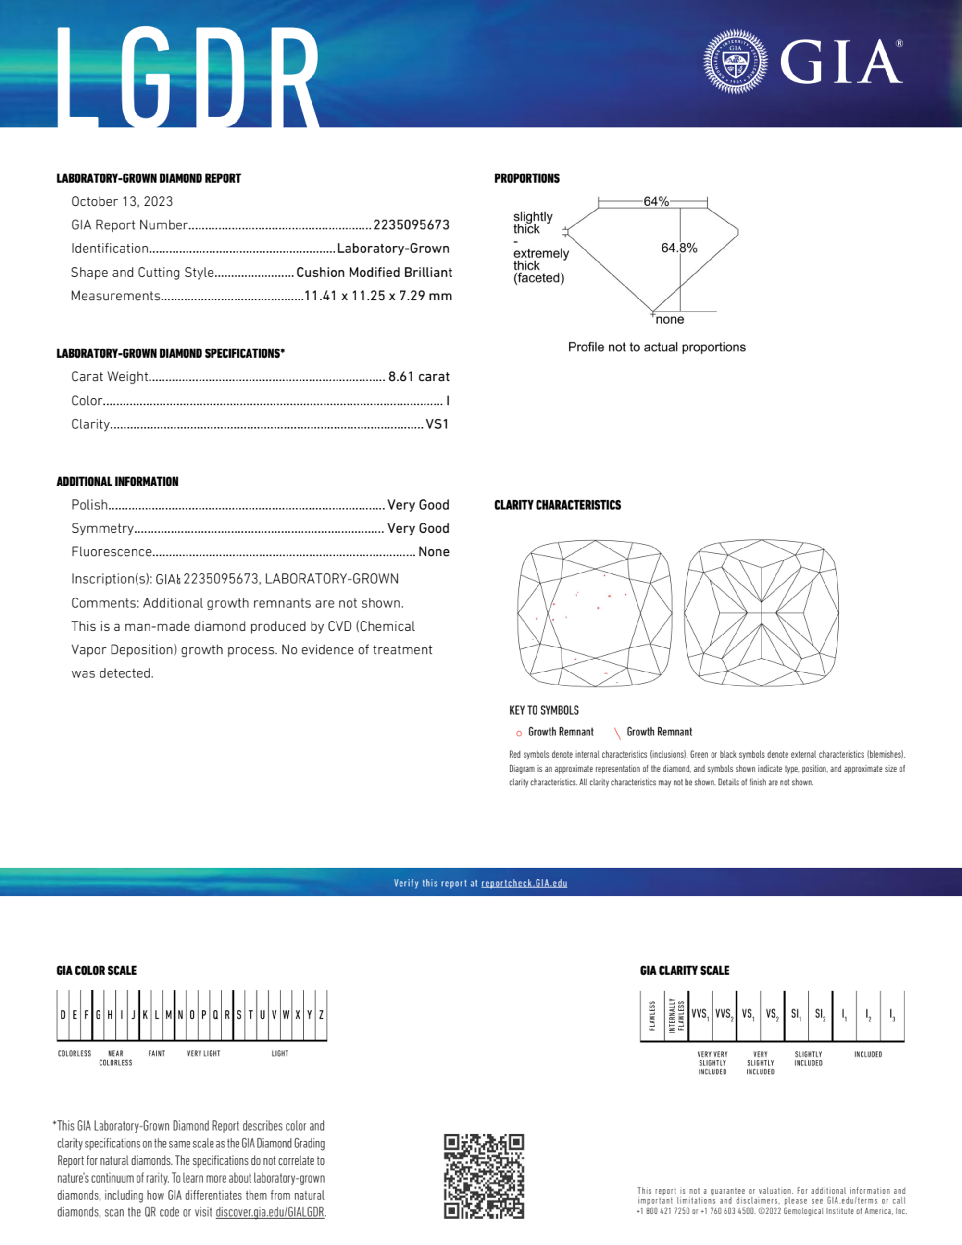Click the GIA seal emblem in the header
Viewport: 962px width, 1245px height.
735,61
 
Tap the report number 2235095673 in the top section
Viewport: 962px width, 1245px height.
411,225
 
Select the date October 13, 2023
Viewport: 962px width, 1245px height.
122,202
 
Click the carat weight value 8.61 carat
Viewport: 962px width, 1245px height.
419,377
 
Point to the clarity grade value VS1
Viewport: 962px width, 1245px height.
437,424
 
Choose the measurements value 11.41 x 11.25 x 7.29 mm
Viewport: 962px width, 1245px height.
378,296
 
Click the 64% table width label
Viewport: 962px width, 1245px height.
656,202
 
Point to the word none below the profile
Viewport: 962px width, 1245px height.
670,320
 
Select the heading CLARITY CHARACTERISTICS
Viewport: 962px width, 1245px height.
557,505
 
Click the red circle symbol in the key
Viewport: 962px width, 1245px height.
519,733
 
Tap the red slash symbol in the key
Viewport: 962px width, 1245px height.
617,733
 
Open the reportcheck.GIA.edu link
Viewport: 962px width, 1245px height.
524,884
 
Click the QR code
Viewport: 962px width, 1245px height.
484,1176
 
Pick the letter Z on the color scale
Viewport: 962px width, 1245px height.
322,1015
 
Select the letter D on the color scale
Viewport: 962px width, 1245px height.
62,1015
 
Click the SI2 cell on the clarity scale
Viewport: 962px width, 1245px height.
820,1014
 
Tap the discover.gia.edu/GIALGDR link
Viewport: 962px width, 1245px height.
270,1212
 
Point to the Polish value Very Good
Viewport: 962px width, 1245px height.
418,505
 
